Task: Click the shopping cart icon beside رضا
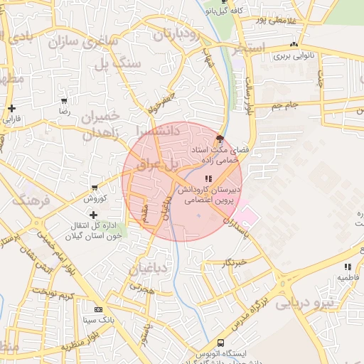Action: [x=65, y=101]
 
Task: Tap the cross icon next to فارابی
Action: [x=11, y=109]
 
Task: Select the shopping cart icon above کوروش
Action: [x=94, y=188]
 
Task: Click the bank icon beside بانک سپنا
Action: [x=98, y=310]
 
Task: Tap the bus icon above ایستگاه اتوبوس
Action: [x=220, y=343]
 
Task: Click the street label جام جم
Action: [x=282, y=105]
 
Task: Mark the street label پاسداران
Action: [x=235, y=227]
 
